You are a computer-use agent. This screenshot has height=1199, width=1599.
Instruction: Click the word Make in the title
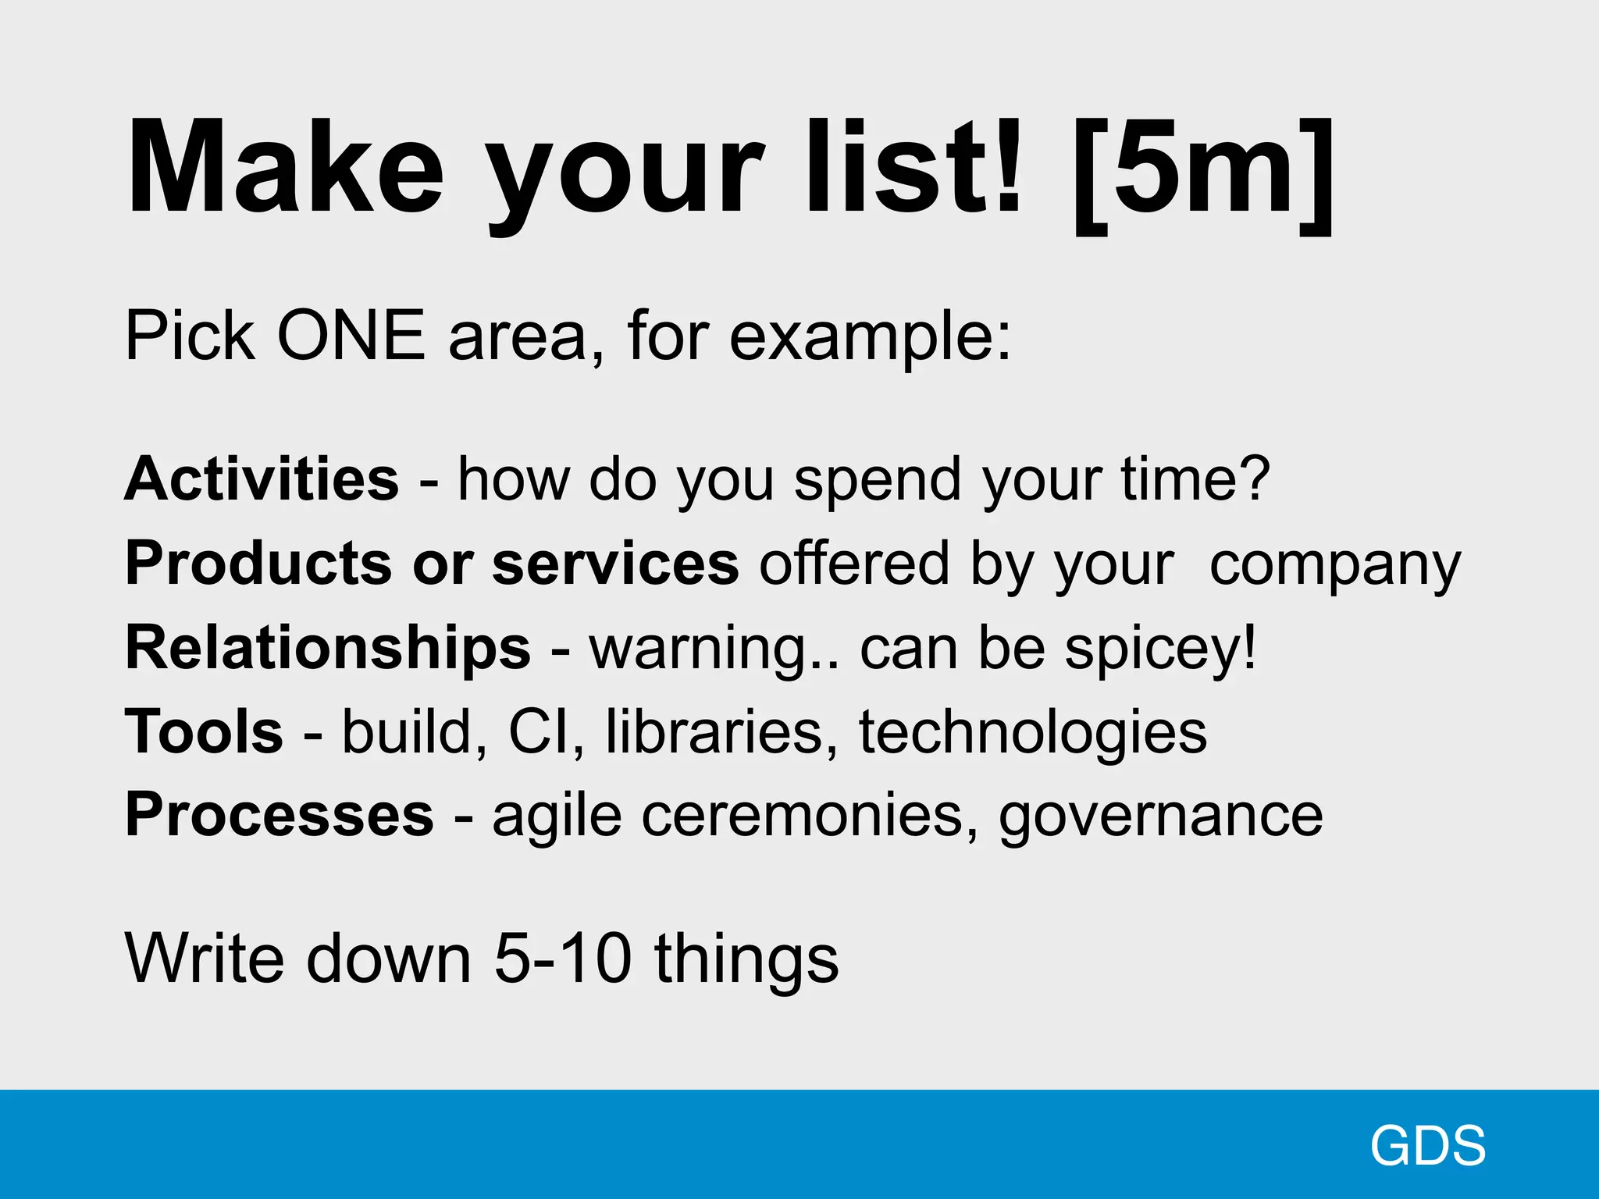click(285, 168)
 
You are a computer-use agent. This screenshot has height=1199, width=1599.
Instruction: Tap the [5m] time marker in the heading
click(1203, 172)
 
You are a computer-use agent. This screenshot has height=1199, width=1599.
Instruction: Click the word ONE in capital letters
click(351, 336)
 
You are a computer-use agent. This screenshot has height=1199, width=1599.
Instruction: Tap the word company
click(1334, 566)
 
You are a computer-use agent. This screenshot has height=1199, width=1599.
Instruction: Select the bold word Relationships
click(328, 647)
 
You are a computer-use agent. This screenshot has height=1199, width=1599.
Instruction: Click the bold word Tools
click(204, 731)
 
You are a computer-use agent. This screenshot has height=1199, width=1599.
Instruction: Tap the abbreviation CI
click(540, 731)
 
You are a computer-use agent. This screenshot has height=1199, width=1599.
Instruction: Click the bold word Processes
click(279, 815)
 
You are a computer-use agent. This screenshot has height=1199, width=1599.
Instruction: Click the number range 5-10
click(563, 958)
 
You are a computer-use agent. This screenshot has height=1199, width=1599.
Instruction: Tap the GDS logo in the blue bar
click(1428, 1146)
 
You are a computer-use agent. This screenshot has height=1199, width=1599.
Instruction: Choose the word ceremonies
click(803, 816)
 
